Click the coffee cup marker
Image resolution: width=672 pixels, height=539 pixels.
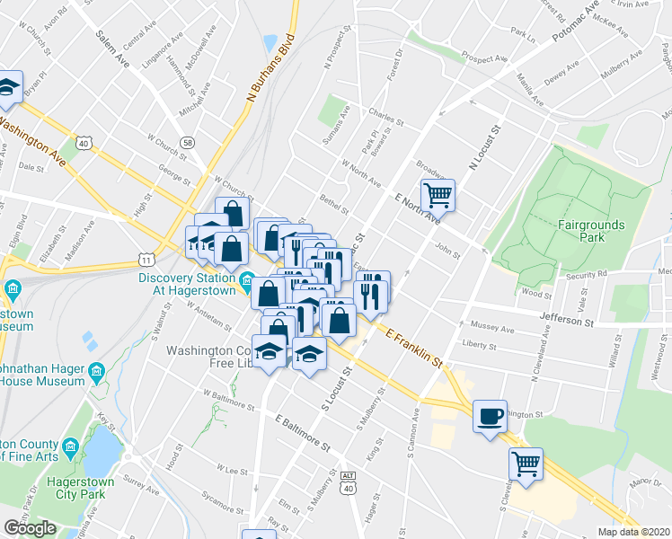tap(490, 417)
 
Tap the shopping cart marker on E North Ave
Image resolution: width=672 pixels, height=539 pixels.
tap(438, 194)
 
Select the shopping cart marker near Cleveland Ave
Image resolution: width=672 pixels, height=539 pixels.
tap(526, 464)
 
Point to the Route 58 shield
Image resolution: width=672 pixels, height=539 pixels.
tap(187, 142)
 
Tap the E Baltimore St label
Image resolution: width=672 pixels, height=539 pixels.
tap(304, 434)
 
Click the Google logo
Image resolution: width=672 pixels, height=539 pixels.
tap(30, 528)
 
